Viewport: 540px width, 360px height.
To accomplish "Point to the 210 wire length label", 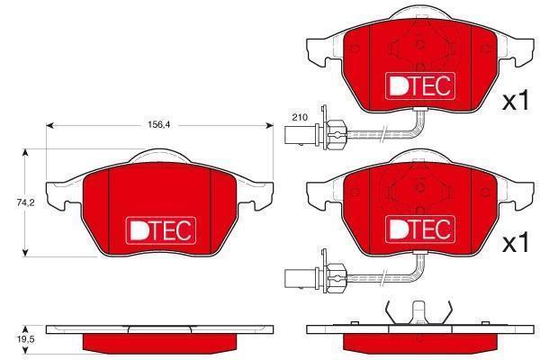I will [300, 118].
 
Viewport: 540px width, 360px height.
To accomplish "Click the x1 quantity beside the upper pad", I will [515, 101].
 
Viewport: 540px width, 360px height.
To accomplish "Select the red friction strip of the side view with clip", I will [419, 343].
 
